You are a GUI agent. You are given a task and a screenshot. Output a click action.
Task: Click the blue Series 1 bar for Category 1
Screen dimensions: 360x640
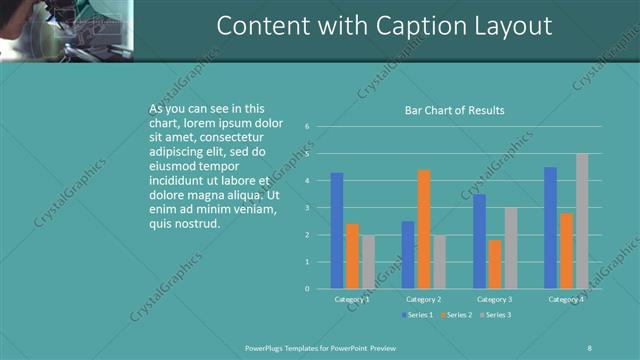point(337,231)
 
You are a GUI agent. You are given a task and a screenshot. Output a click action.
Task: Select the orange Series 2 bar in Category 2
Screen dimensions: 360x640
point(424,229)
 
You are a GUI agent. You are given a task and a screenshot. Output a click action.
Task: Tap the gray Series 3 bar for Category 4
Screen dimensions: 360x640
point(582,221)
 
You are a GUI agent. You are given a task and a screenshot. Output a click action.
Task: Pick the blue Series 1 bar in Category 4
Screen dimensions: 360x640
point(550,228)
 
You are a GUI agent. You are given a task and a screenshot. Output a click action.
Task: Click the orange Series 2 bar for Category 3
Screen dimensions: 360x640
point(495,264)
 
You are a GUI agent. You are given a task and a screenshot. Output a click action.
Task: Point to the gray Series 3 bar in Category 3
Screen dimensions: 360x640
point(510,248)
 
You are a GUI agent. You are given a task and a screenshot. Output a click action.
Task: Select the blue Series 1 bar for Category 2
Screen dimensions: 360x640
point(408,255)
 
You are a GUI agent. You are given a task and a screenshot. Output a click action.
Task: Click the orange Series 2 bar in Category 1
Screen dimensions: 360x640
point(352,256)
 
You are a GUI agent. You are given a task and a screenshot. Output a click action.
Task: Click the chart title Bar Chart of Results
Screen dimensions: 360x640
point(454,110)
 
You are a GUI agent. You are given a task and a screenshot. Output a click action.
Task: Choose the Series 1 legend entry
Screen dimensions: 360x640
point(418,315)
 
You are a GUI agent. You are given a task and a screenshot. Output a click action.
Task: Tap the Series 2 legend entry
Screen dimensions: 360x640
point(455,315)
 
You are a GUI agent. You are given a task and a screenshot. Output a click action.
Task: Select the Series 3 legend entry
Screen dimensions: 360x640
point(494,315)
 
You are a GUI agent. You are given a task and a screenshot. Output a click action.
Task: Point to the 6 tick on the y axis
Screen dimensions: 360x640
point(308,127)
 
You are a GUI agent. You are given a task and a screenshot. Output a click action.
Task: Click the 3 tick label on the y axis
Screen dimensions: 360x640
point(308,208)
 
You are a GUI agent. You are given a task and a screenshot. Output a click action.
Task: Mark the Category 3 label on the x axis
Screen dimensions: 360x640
point(495,299)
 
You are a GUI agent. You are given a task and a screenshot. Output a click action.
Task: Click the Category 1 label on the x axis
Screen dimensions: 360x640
point(352,299)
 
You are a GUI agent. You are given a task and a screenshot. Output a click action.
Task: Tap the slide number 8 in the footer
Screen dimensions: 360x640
point(590,347)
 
